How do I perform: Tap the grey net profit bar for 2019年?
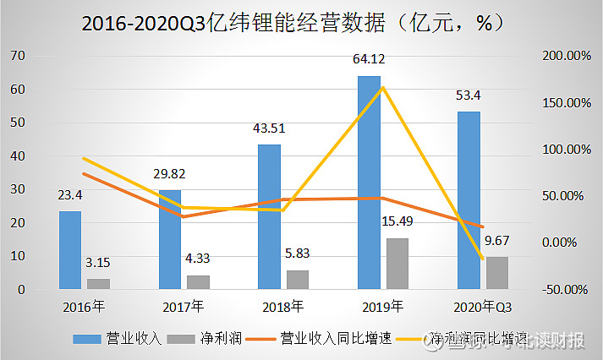[x=397, y=264]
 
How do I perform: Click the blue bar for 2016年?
[x=70, y=250]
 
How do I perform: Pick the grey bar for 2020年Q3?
[x=497, y=273]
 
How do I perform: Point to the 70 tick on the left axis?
[x=18, y=56]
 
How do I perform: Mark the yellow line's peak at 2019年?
[x=383, y=87]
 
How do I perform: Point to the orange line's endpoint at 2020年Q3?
[x=483, y=226]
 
